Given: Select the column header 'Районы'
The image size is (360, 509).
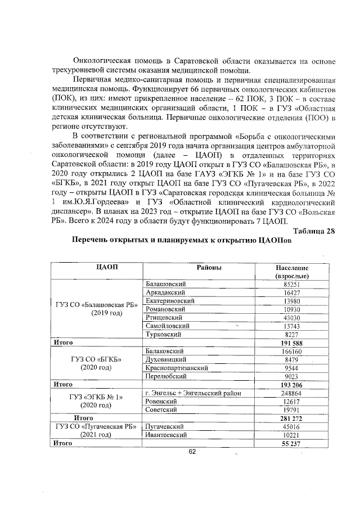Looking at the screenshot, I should coord(208,267).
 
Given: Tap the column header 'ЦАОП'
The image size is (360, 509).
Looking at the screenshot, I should coord(95,267).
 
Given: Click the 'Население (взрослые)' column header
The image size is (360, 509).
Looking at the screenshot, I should coord(291,272).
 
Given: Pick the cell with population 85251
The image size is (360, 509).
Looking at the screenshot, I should coord(291,285).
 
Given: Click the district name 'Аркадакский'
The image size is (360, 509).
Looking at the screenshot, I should coord(166,293).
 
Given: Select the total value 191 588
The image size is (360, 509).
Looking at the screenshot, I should coord(291,342).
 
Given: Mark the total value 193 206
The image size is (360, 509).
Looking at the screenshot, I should coord(291,385).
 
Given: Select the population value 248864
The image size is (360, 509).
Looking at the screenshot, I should coord(291,393).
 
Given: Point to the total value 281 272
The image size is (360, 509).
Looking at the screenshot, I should coord(291,418).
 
